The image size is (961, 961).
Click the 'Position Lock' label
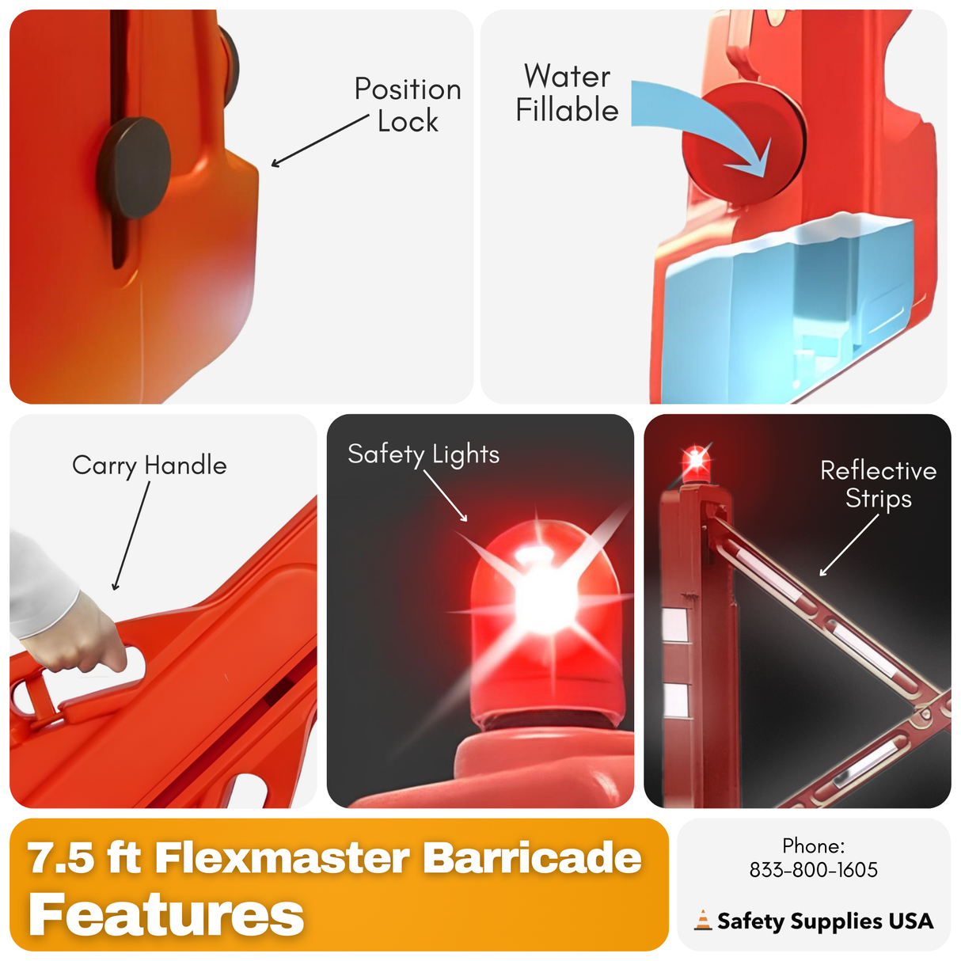pyautogui.click(x=407, y=105)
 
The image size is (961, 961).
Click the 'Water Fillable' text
pyautogui.click(x=567, y=93)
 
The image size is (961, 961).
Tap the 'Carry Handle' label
pyautogui.click(x=149, y=465)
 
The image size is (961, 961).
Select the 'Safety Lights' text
pyautogui.click(x=424, y=454)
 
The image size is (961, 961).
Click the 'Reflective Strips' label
pyautogui.click(x=878, y=484)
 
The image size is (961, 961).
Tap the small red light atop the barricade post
pyautogui.click(x=696, y=460)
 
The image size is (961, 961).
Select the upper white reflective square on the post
pyautogui.click(x=674, y=625)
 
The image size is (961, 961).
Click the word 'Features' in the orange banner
pyautogui.click(x=166, y=915)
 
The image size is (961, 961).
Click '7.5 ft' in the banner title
pyautogui.click(x=84, y=857)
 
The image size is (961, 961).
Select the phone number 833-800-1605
pyautogui.click(x=813, y=870)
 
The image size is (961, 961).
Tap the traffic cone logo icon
pyautogui.click(x=703, y=921)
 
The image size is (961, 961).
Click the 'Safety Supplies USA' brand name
pyautogui.click(x=825, y=921)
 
